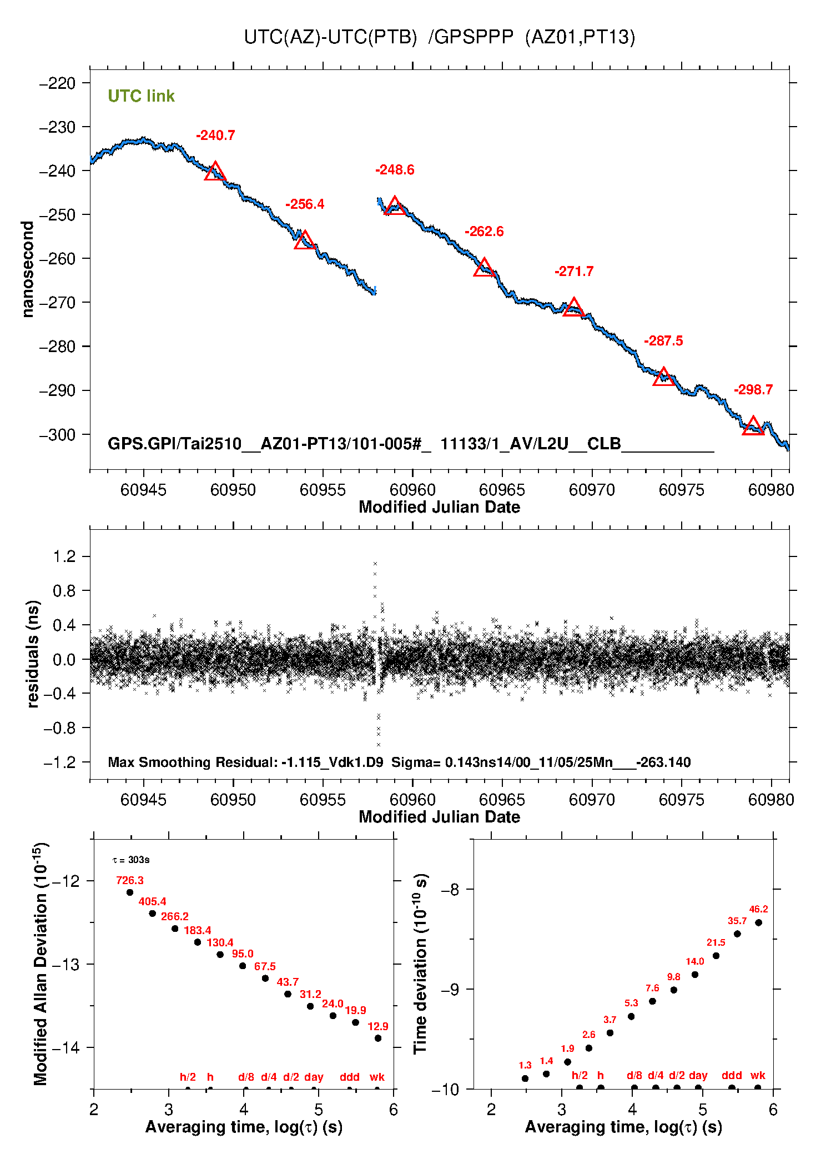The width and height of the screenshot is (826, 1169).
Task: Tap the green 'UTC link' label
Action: (x=141, y=96)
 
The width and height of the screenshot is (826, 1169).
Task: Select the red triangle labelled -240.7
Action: (x=215, y=172)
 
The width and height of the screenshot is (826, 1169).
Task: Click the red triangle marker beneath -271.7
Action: (x=573, y=308)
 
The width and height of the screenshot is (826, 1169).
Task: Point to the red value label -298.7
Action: (x=753, y=390)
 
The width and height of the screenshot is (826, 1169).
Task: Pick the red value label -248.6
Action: (x=395, y=170)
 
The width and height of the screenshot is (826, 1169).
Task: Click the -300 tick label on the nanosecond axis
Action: (x=57, y=434)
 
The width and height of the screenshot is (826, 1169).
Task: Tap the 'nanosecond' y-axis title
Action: (x=27, y=269)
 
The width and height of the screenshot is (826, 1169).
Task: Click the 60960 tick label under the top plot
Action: (x=412, y=490)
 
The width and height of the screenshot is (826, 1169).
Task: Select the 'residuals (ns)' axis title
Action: (x=33, y=654)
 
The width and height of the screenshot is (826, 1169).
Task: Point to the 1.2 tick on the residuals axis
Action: (x=64, y=556)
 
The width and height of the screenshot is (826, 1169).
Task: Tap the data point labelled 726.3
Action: (x=130, y=892)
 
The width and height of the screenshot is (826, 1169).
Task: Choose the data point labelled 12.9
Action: (x=378, y=1038)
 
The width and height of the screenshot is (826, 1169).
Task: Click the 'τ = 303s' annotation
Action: (x=131, y=860)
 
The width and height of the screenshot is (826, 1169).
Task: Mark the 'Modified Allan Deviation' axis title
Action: (x=40, y=964)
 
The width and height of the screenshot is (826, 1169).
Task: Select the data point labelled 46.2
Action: (x=759, y=922)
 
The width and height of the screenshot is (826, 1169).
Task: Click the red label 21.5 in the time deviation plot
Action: (x=716, y=942)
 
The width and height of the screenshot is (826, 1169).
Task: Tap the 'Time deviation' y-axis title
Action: (x=420, y=964)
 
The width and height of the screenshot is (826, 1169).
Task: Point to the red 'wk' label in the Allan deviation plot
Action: (x=377, y=1077)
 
